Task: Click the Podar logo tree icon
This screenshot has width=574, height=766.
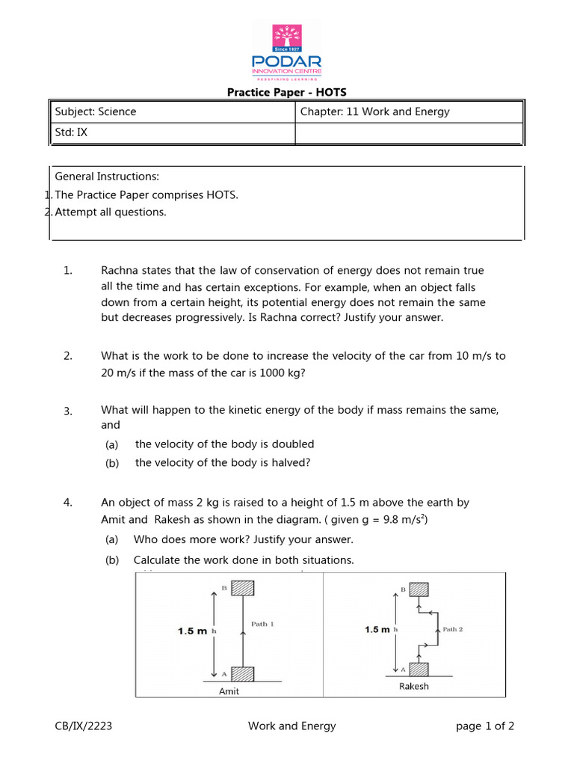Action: click(x=287, y=37)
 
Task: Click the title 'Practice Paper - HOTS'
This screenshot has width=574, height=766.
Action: click(x=287, y=93)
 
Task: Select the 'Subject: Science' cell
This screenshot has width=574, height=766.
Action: click(x=96, y=112)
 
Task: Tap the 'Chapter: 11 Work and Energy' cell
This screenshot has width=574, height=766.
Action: click(x=374, y=112)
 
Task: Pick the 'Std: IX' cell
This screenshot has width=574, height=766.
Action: click(x=72, y=133)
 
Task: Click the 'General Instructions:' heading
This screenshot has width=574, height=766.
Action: click(x=107, y=177)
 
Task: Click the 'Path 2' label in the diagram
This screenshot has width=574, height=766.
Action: click(x=453, y=629)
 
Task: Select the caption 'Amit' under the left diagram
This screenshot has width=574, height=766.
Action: click(x=229, y=691)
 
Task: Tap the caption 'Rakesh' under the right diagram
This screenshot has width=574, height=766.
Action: click(x=413, y=686)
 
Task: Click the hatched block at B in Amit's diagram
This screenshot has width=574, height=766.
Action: click(x=244, y=589)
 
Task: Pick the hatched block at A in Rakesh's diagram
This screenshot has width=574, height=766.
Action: click(x=418, y=670)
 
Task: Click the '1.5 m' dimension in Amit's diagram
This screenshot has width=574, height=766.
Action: click(x=192, y=631)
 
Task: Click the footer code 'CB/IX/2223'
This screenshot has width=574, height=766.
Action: click(x=84, y=726)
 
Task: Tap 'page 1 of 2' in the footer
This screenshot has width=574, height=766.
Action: click(x=485, y=726)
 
